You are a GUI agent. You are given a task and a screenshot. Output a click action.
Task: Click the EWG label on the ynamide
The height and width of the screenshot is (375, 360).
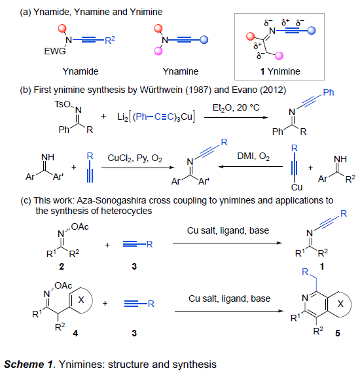(55, 51)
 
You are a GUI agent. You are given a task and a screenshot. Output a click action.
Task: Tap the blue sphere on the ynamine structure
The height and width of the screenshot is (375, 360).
(204, 40)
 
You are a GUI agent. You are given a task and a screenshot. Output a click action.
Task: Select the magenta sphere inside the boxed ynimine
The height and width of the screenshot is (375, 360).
(279, 56)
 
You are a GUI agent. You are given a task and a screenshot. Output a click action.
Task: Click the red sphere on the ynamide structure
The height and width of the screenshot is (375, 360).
(62, 28)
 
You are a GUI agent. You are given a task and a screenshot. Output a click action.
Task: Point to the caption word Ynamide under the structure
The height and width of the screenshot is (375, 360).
(81, 71)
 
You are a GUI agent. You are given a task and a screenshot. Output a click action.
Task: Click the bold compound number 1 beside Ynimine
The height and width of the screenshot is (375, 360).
(262, 71)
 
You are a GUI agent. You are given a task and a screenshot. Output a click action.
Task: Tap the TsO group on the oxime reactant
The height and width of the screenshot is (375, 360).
(62, 104)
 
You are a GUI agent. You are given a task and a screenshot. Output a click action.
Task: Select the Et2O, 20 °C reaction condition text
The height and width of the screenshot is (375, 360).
(236, 107)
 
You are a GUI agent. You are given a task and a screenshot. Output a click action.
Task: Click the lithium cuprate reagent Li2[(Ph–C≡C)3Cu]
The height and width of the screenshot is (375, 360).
(156, 116)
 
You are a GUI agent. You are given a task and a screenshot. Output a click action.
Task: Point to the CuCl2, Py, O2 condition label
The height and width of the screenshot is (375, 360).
(135, 158)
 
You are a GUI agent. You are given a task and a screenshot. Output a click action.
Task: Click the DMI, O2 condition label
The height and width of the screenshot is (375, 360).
(253, 156)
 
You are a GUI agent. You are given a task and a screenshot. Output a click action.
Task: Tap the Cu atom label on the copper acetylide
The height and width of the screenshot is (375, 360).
(297, 187)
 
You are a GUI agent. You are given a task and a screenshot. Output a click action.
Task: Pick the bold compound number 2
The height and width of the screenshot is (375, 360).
(62, 266)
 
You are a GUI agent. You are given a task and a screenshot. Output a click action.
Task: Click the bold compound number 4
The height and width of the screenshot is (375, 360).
(75, 333)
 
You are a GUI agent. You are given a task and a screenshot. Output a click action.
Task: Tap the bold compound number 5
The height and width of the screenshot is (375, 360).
(338, 333)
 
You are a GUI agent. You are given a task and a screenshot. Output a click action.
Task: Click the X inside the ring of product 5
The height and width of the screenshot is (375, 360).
(340, 304)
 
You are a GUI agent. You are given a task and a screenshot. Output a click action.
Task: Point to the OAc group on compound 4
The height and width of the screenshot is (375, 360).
(63, 285)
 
